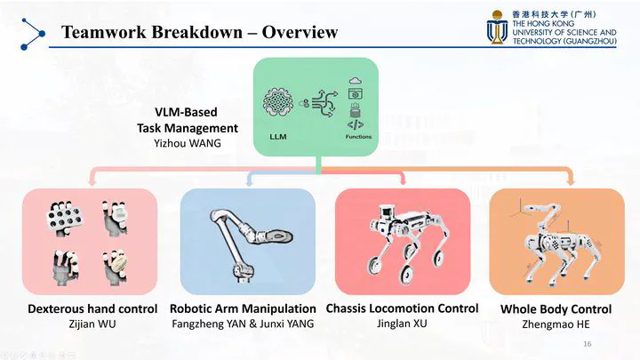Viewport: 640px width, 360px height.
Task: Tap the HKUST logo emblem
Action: click(x=497, y=27)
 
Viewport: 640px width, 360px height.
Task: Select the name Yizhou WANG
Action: click(x=188, y=143)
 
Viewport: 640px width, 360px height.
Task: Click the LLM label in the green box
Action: click(x=278, y=137)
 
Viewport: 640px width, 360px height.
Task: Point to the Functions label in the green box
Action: click(x=358, y=137)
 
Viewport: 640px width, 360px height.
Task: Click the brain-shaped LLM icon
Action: click(x=278, y=102)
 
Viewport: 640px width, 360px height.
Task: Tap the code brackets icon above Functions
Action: click(x=356, y=124)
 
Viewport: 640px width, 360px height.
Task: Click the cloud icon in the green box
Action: click(x=356, y=80)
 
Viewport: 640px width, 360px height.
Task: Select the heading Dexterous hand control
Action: click(x=92, y=308)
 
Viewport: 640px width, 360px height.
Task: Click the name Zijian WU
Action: click(x=92, y=324)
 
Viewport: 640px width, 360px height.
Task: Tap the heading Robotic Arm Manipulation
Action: click(x=243, y=308)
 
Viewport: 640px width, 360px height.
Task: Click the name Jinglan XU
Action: click(x=402, y=324)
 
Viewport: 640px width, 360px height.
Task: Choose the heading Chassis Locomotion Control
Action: click(x=402, y=308)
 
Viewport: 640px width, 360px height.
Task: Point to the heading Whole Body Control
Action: click(x=556, y=309)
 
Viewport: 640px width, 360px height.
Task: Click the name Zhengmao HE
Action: click(x=556, y=324)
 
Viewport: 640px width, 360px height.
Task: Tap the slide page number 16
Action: click(x=588, y=344)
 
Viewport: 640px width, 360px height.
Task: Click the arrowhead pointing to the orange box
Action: click(x=571, y=181)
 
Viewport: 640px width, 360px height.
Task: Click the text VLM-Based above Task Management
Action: click(x=186, y=112)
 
